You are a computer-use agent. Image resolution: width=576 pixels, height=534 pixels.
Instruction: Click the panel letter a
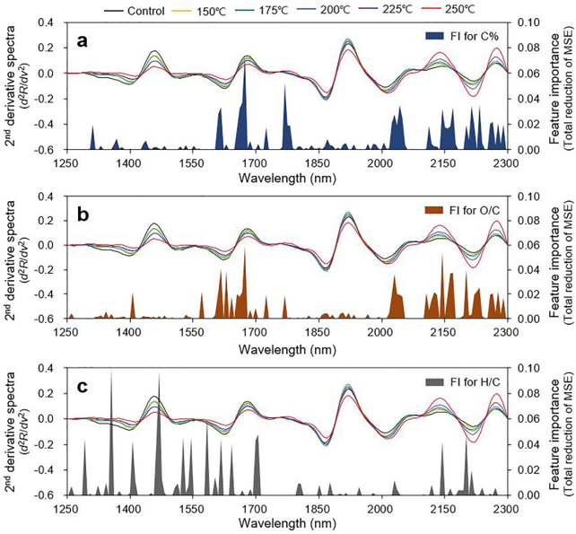coord(81,39)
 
